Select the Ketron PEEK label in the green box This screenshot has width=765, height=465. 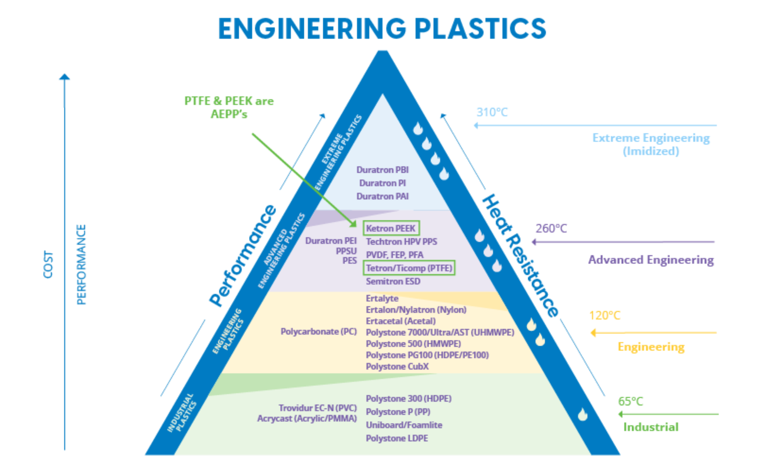[391, 228]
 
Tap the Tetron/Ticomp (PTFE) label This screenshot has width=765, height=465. [409, 268]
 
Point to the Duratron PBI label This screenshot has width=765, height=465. [382, 170]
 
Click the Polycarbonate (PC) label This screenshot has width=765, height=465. [318, 331]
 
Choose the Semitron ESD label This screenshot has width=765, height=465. [393, 281]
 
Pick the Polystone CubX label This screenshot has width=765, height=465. [397, 366]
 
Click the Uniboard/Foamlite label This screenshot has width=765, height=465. [404, 425]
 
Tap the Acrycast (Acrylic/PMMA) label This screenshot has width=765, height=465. [307, 418]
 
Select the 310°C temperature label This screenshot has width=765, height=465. [492, 112]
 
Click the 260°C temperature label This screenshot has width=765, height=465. [551, 229]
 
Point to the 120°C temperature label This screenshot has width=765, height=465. [604, 316]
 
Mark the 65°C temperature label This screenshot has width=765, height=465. [630, 402]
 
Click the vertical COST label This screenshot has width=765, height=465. [49, 264]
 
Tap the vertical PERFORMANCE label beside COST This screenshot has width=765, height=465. [82, 264]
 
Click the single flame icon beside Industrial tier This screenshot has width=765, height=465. [582, 414]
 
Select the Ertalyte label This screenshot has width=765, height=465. [382, 298]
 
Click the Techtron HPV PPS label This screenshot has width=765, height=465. [401, 242]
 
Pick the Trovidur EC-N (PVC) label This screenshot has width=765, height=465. [317, 408]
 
